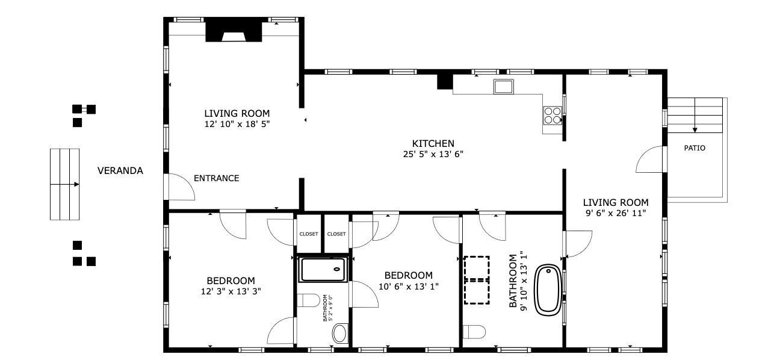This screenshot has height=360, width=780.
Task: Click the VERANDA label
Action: point(120,170)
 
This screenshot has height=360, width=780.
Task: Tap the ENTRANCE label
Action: point(216,178)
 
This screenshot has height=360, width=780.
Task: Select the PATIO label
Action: point(695,148)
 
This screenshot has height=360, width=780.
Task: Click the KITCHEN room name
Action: point(433,143)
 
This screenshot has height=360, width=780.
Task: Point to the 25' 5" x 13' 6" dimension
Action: point(433,154)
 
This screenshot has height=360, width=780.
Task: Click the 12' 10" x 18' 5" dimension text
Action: point(237,124)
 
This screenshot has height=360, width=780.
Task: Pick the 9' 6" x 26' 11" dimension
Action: point(616,213)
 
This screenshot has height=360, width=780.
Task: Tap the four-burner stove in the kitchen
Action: point(552,115)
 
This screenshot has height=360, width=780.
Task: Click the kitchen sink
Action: point(503,87)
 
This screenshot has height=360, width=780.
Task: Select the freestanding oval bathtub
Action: point(548,290)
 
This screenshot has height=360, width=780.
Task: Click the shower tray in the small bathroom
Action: point(323,270)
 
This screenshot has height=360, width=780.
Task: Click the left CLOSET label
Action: point(309,234)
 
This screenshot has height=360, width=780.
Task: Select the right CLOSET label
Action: point(336,234)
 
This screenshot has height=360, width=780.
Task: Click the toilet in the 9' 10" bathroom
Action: point(474,332)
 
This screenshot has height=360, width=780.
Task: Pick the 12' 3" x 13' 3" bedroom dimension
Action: point(231,291)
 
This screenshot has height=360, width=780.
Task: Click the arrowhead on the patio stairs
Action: point(695,130)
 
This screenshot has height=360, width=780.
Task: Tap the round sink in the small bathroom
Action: point(340,334)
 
